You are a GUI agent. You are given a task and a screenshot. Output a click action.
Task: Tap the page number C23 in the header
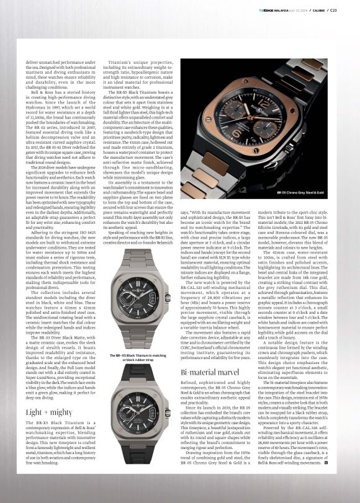pyautogui.click(x=351, y=9)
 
